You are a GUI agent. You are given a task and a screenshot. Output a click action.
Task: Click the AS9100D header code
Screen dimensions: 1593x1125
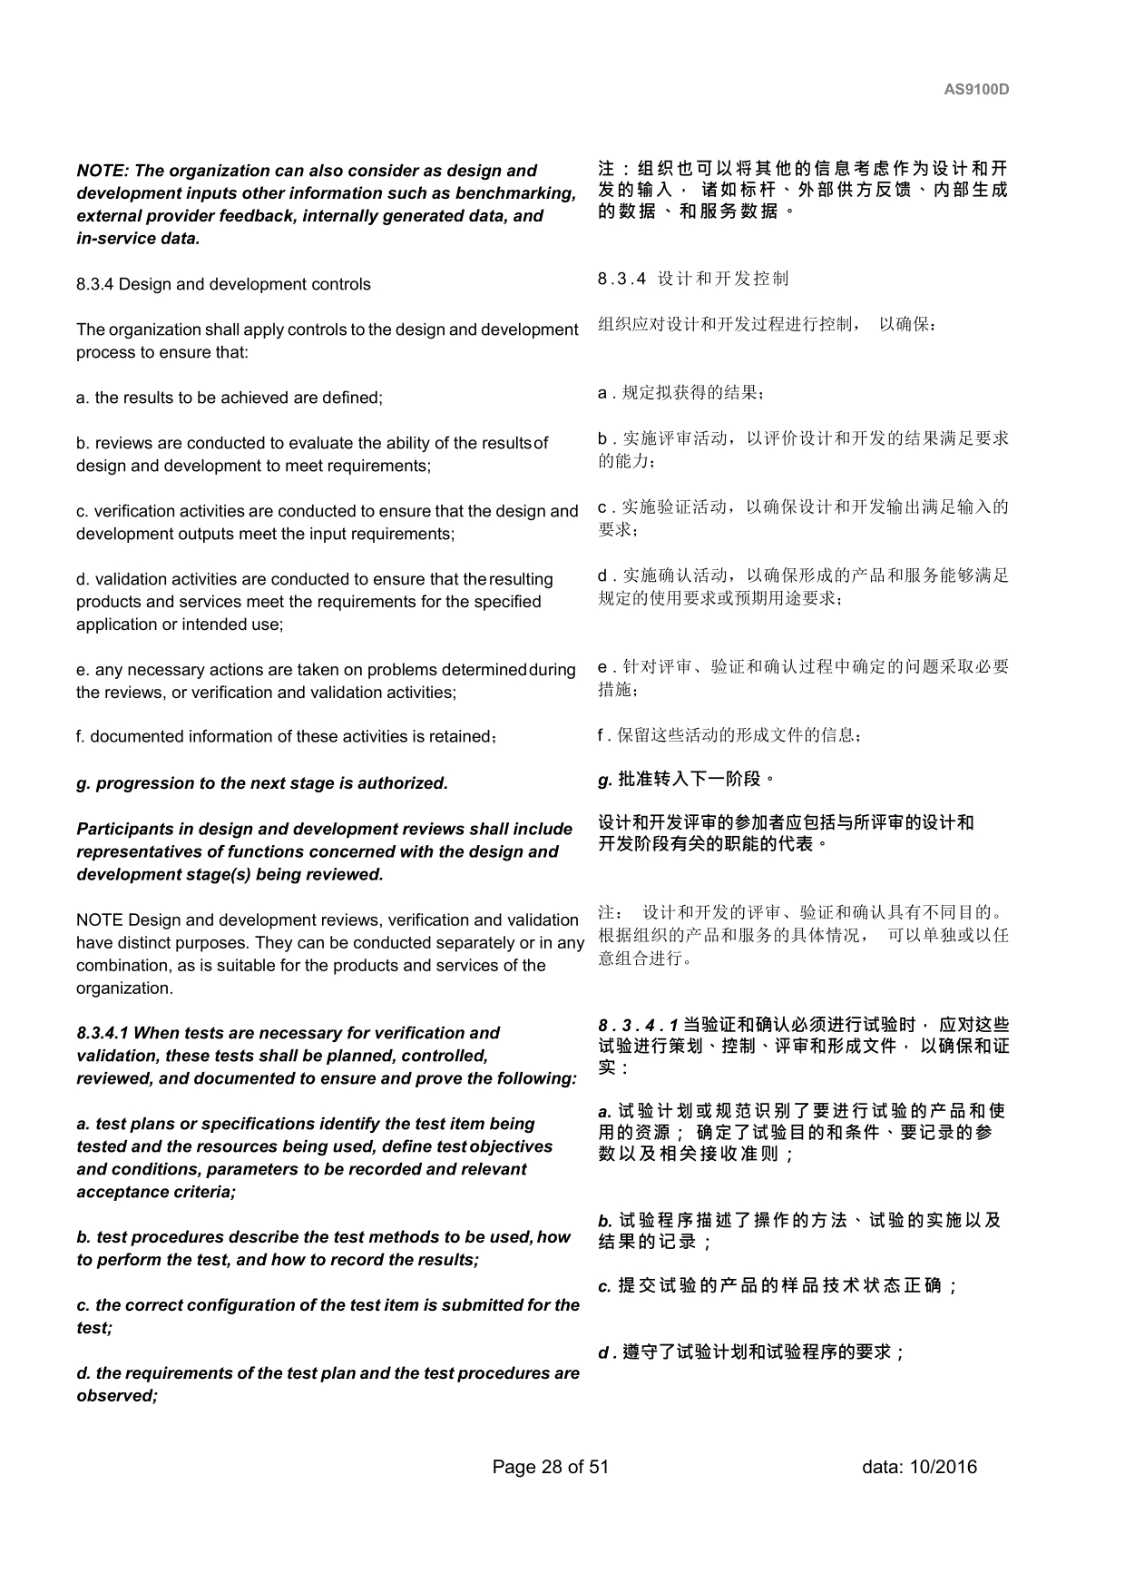[x=976, y=90]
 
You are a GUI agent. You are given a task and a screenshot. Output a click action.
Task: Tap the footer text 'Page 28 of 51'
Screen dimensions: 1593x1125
[x=550, y=1467]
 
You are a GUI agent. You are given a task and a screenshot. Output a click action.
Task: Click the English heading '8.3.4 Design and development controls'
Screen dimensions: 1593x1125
[x=223, y=284]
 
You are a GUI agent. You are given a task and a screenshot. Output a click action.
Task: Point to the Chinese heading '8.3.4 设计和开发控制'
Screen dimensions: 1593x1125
[x=693, y=279]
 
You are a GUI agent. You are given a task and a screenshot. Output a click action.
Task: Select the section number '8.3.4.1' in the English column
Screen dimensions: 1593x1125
[x=103, y=1033]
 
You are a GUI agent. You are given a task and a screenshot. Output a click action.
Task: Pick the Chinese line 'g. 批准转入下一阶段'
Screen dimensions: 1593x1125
[x=686, y=779]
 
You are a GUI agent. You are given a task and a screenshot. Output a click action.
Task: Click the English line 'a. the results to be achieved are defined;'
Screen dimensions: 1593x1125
[x=230, y=398]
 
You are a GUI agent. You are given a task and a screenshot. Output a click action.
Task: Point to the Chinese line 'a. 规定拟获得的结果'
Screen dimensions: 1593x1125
[x=680, y=393]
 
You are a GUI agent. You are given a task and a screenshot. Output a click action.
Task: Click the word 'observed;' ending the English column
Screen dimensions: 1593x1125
[x=117, y=1396]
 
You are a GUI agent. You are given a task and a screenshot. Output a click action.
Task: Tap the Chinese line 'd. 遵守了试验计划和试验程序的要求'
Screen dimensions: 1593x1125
[x=751, y=1352]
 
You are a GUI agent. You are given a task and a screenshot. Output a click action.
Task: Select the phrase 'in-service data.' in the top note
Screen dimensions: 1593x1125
[x=138, y=239]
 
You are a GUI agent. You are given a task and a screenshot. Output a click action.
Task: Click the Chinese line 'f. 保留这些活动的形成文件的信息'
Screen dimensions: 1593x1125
[x=729, y=734]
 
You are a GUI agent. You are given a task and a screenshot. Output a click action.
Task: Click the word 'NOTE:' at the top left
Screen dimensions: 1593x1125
[x=103, y=171]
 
